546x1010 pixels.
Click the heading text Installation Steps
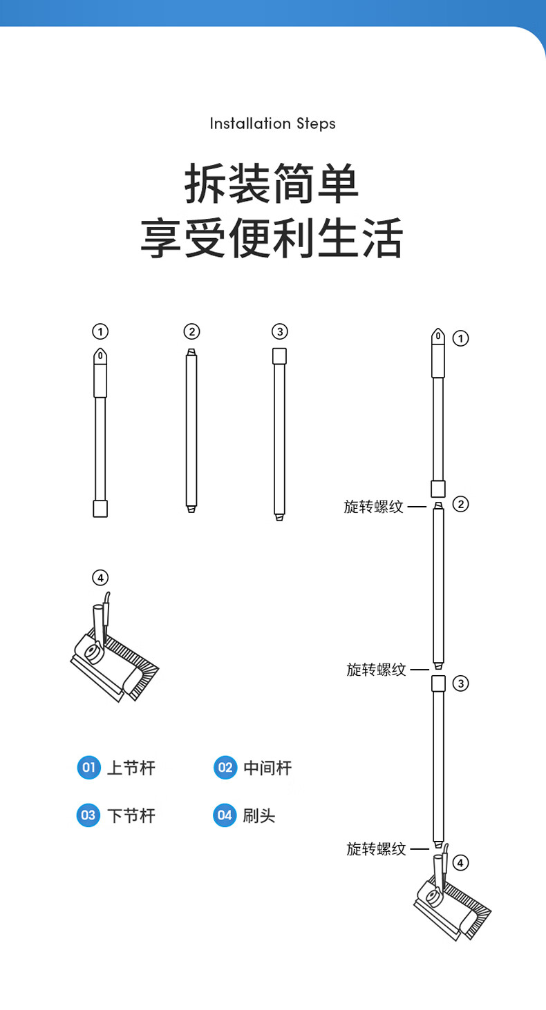tap(272, 124)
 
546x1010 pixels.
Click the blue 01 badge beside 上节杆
tap(89, 768)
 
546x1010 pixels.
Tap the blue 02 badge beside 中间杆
tap(225, 768)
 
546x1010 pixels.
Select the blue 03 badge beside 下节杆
tap(88, 815)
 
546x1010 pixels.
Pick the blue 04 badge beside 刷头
tap(225, 815)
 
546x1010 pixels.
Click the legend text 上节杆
tap(131, 768)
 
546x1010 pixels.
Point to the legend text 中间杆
tap(267, 768)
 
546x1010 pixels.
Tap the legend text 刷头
tap(259, 816)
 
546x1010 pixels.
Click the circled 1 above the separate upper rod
tap(100, 332)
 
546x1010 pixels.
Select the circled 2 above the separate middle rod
tap(191, 332)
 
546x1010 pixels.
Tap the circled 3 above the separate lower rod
tap(280, 332)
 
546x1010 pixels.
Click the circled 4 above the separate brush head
tap(100, 578)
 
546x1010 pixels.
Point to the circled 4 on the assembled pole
tap(460, 863)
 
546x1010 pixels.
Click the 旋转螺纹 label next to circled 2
tap(373, 506)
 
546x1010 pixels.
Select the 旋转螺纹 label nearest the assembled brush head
tap(376, 849)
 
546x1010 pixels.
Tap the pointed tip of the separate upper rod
tap(100, 349)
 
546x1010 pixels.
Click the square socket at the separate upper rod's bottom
tap(100, 509)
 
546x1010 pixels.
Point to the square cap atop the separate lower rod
tap(279, 356)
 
